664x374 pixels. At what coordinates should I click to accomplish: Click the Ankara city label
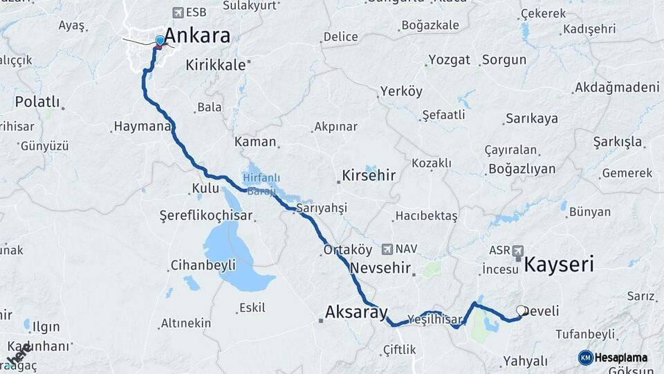(x=197, y=36)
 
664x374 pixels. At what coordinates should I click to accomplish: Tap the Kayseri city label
(x=559, y=264)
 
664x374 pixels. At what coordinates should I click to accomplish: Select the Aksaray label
(x=356, y=312)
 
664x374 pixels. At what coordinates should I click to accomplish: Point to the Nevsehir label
(x=381, y=267)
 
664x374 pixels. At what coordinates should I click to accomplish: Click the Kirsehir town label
(x=369, y=175)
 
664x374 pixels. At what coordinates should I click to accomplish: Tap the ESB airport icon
(x=178, y=12)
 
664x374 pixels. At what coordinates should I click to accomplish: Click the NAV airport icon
(x=386, y=249)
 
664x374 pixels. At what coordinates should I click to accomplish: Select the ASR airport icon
(x=517, y=250)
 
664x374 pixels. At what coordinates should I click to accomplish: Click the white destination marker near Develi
(x=521, y=311)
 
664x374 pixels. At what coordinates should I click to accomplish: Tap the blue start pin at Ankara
(x=160, y=41)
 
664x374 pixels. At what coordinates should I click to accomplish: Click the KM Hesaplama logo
(x=613, y=357)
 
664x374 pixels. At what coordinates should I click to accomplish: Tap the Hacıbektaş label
(x=426, y=216)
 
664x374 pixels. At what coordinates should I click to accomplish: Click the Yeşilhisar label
(x=435, y=319)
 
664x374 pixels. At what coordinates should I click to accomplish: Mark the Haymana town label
(x=141, y=127)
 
